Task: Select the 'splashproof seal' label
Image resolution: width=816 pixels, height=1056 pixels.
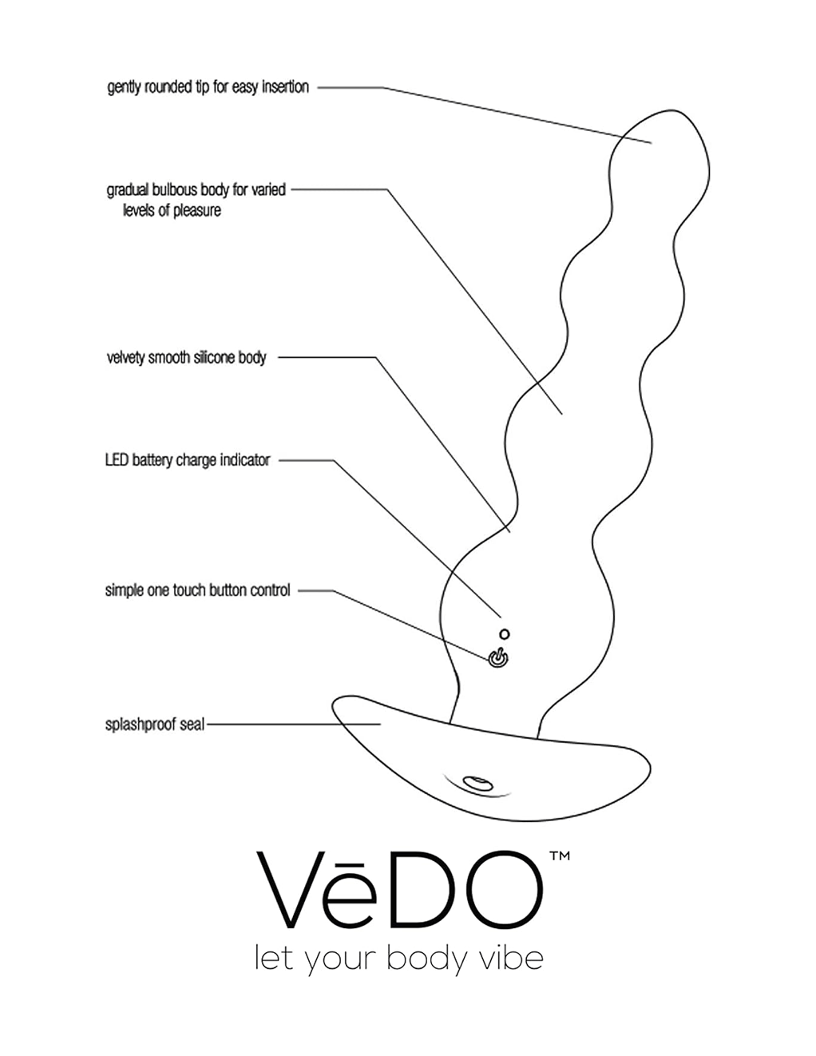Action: [x=154, y=725]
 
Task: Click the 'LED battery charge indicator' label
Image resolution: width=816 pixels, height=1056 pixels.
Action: [x=188, y=460]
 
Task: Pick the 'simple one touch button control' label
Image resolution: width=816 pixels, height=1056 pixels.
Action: [x=198, y=590]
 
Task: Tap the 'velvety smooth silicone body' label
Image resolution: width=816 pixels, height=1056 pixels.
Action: [x=187, y=358]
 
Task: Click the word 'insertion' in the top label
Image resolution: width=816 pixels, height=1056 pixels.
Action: [x=286, y=87]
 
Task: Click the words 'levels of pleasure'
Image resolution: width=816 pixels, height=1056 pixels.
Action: [x=172, y=210]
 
